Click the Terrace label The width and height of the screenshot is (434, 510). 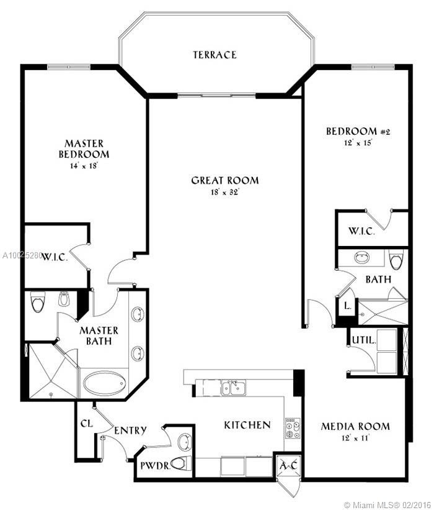tap(215, 55)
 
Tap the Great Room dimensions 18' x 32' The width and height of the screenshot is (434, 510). tap(224, 192)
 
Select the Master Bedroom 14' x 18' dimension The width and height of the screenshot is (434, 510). tap(84, 166)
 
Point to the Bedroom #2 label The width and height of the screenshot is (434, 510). tap(358, 131)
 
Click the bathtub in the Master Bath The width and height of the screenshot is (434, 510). tap(105, 383)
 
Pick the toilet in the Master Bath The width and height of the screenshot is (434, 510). tap(38, 301)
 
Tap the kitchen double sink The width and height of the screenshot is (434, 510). tap(234, 388)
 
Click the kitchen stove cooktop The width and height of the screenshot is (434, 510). tap(293, 429)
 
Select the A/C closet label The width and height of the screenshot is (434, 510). tap(288, 465)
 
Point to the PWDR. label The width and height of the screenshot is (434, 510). tap(155, 466)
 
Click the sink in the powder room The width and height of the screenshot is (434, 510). tap(185, 442)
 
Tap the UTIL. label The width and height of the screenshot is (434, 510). tap(364, 340)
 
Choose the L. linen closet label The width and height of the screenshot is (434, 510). tap(348, 306)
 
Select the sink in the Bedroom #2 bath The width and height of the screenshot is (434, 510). tap(361, 258)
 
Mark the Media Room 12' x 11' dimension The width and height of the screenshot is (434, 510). tap(355, 438)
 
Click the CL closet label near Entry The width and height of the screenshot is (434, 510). tap(86, 424)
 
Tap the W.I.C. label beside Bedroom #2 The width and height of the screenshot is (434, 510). tap(361, 231)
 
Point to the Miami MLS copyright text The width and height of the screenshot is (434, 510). tap(388, 505)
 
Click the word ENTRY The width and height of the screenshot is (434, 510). tap(130, 430)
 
